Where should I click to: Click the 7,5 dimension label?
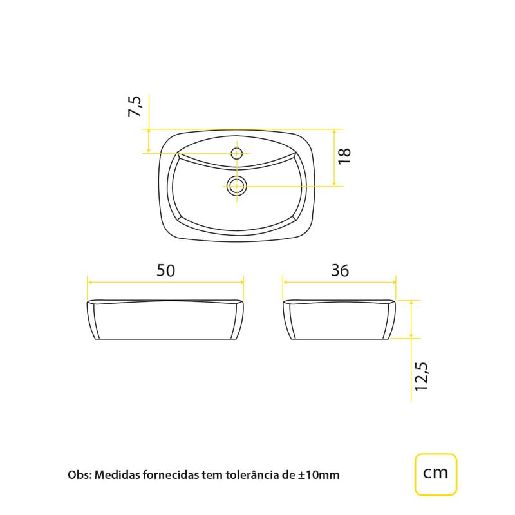135,106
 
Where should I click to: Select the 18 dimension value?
344,156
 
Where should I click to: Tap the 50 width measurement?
165,270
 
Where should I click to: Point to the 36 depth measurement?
340,270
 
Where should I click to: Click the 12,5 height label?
422,377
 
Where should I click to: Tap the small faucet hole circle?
236,153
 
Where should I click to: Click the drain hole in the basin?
236,186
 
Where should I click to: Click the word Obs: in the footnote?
79,475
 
